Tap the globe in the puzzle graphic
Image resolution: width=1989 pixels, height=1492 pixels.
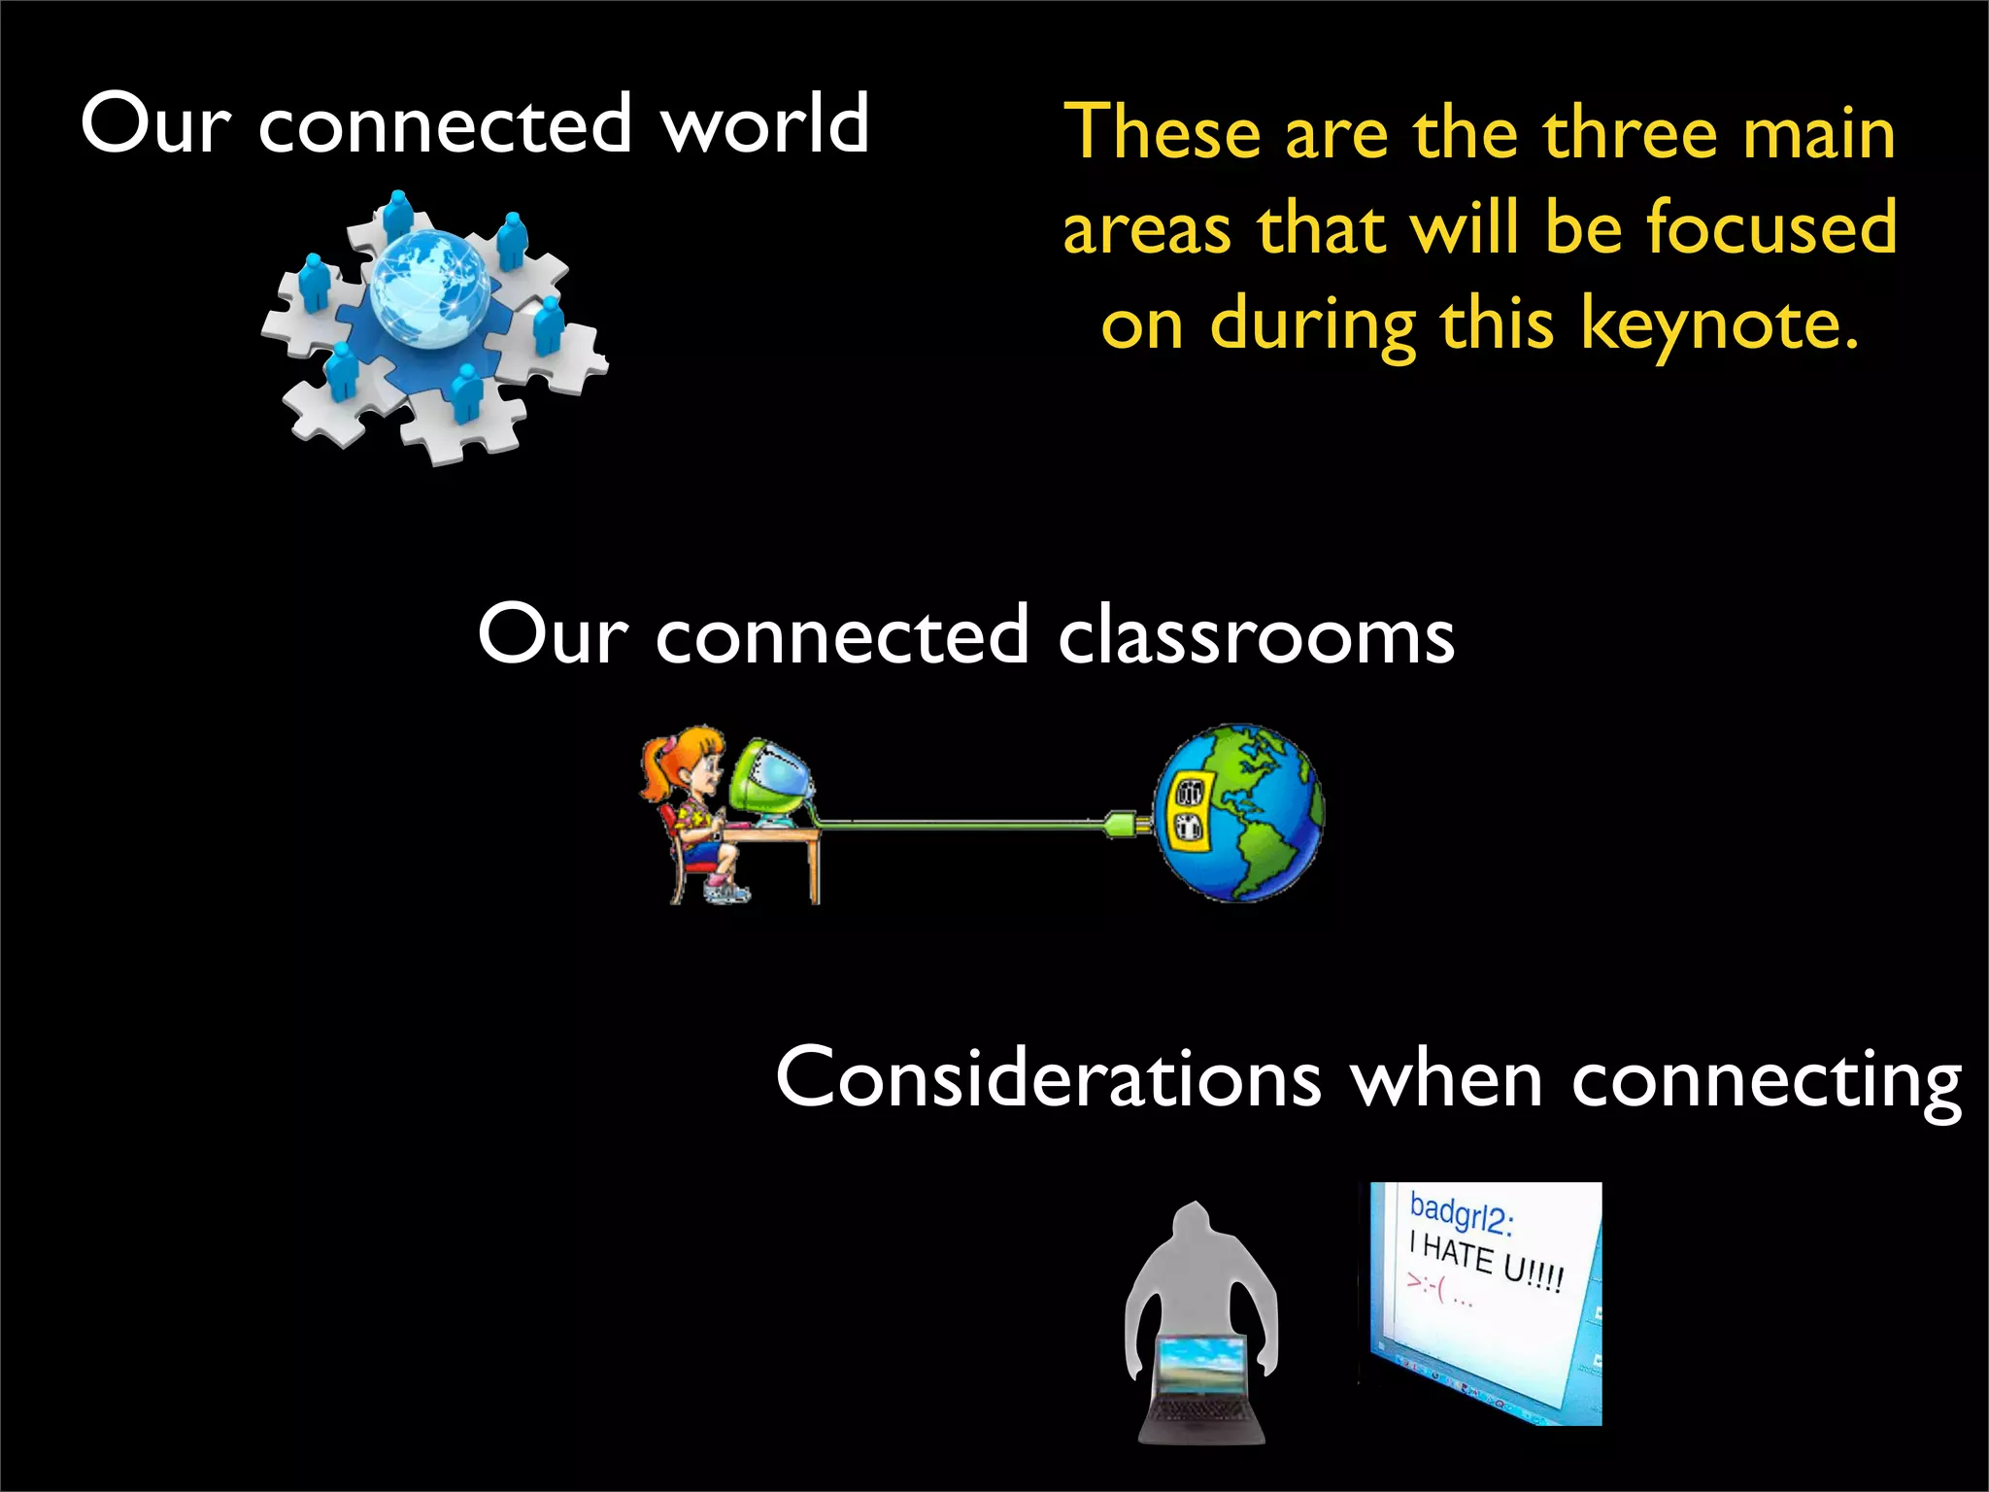[430, 288]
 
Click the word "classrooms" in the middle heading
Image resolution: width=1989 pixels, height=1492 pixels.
[1256, 636]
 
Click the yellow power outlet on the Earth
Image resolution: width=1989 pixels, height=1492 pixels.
[1188, 811]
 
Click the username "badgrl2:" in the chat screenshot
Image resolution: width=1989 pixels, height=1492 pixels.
[1461, 1214]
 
